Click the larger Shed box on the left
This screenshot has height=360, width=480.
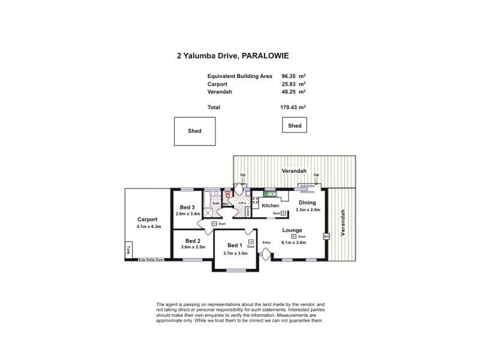[194, 131]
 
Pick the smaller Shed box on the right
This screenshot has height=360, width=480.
[295, 125]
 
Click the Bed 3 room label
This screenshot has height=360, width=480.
[187, 208]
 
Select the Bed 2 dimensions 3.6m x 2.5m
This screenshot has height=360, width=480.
[192, 247]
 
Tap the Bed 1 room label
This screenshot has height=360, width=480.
[235, 245]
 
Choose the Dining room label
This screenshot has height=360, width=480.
[307, 203]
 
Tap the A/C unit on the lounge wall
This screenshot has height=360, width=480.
[326, 236]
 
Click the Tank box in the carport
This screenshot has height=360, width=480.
[128, 251]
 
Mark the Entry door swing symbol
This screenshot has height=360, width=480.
[265, 254]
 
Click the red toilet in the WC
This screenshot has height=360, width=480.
[228, 194]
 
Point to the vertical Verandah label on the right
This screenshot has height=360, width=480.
[344, 224]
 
